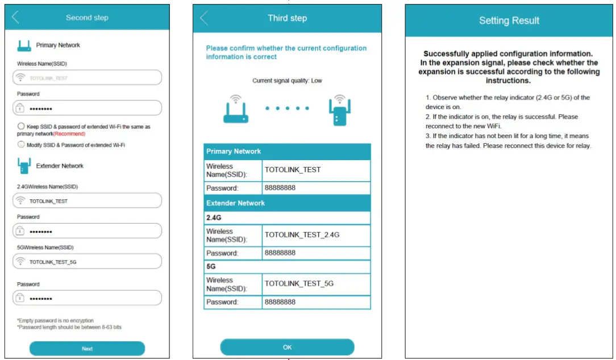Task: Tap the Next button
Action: (x=87, y=348)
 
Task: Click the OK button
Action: (x=287, y=347)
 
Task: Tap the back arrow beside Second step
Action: (x=15, y=18)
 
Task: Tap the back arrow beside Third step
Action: (x=204, y=18)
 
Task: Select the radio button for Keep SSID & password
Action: (x=21, y=126)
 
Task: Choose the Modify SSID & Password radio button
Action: (x=21, y=145)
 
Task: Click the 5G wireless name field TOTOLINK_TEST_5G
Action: (x=87, y=262)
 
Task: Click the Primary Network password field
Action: (x=87, y=108)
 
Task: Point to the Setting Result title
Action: (x=509, y=21)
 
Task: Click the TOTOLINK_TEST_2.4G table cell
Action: (x=316, y=235)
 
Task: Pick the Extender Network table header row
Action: (x=287, y=203)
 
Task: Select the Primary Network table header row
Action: (x=287, y=152)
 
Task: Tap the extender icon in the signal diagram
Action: (x=339, y=111)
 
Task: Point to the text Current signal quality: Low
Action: (x=287, y=81)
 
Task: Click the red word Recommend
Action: (x=69, y=134)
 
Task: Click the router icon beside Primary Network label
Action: (x=24, y=45)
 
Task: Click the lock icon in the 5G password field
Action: (x=20, y=298)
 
